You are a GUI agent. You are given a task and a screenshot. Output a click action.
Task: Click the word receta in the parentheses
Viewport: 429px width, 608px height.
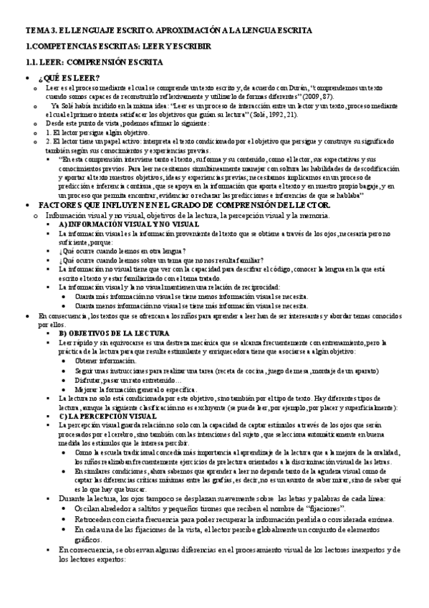(236, 370)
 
